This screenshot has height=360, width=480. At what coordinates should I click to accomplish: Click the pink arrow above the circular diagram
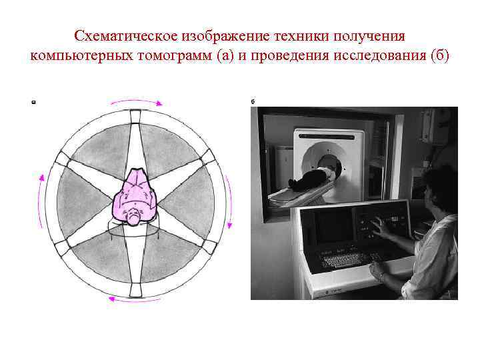135,100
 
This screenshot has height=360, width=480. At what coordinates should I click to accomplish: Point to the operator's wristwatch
381,275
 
